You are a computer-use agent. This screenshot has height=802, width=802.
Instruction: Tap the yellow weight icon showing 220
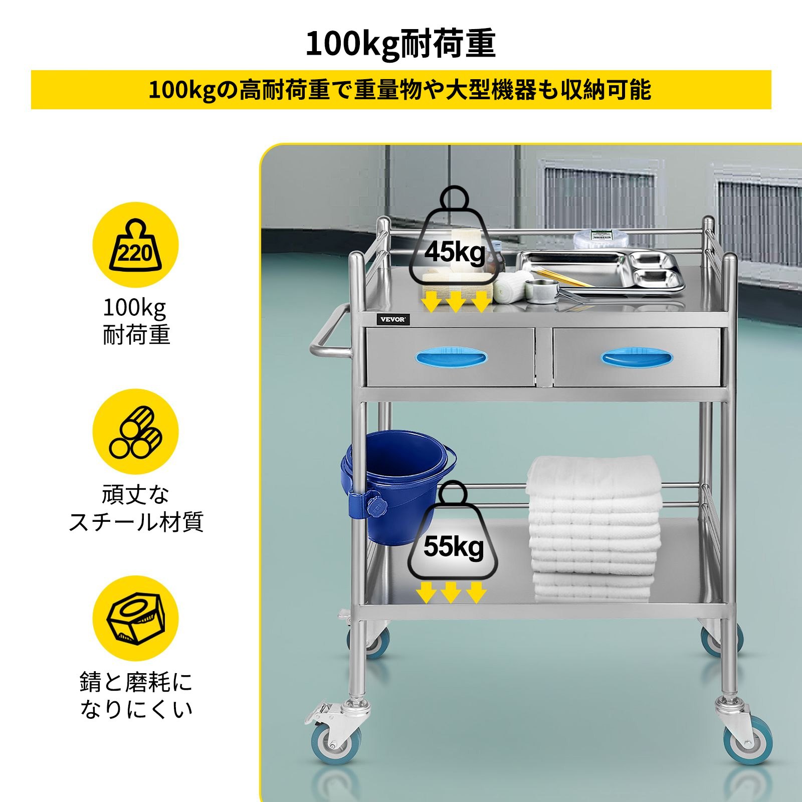(x=135, y=245)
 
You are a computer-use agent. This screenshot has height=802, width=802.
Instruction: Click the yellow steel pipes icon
(x=135, y=432)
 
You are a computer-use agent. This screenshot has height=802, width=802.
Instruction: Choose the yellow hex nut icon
(x=135, y=618)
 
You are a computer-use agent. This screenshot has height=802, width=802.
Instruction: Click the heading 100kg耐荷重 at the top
(x=401, y=44)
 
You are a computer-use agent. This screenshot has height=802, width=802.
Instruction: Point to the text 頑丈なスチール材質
(x=135, y=508)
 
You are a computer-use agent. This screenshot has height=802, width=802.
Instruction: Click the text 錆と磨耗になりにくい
(x=135, y=695)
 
